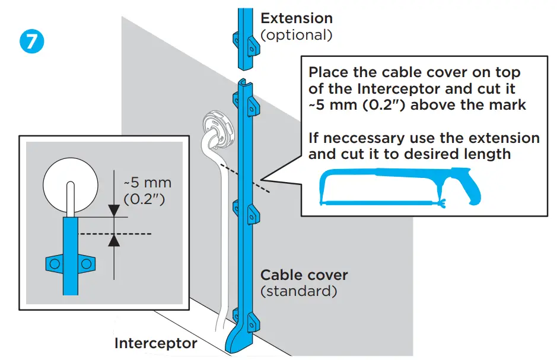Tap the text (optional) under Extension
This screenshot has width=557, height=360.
pos(297,35)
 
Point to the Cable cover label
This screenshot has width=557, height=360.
pos(304,275)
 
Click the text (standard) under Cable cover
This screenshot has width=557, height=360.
pos(299,292)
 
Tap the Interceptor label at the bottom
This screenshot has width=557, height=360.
pos(155,343)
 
